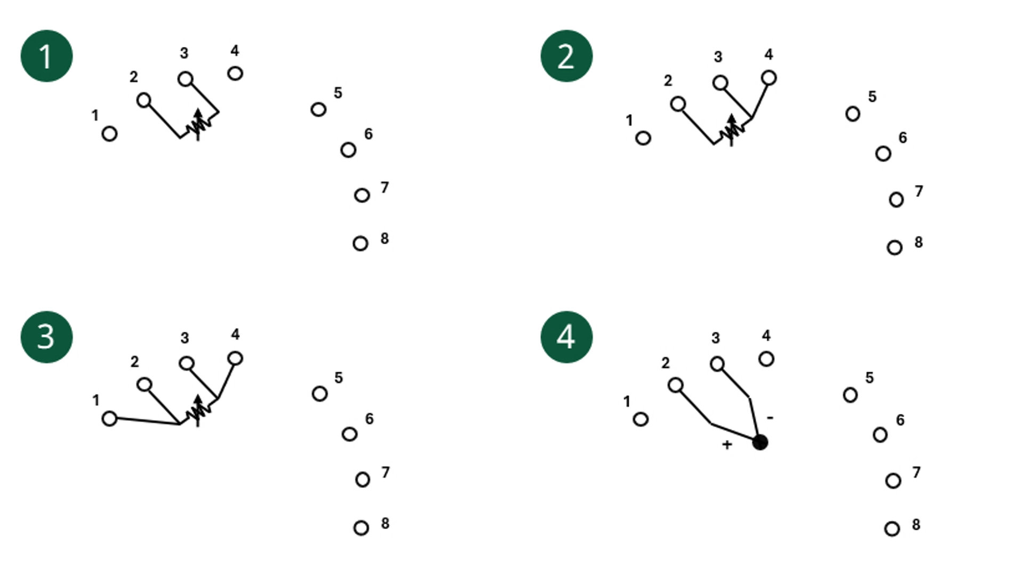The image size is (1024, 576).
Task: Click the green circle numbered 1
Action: (46, 56)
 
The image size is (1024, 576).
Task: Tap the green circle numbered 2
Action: (566, 56)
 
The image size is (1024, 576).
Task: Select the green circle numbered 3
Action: (46, 337)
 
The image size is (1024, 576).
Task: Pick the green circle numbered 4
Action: (566, 337)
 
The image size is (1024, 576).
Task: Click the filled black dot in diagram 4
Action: (760, 442)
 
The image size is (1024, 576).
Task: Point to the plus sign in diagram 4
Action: (726, 444)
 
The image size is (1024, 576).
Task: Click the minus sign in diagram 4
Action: (770, 418)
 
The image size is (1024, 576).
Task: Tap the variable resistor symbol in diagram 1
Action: (198, 125)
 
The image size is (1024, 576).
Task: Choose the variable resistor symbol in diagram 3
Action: (198, 411)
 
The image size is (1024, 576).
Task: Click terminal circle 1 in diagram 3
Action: (109, 419)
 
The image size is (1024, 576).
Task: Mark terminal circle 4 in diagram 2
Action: (769, 78)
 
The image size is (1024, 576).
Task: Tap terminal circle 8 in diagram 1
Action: (361, 244)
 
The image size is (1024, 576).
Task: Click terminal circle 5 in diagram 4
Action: (851, 395)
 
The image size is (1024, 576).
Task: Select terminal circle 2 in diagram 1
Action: (143, 100)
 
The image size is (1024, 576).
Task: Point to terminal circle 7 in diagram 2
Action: (897, 199)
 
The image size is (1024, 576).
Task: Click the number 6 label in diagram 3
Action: (369, 419)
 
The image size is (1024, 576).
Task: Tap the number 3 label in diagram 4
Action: (716, 338)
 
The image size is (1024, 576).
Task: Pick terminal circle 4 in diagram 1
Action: (235, 73)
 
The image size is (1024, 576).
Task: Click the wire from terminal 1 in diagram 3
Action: (148, 421)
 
